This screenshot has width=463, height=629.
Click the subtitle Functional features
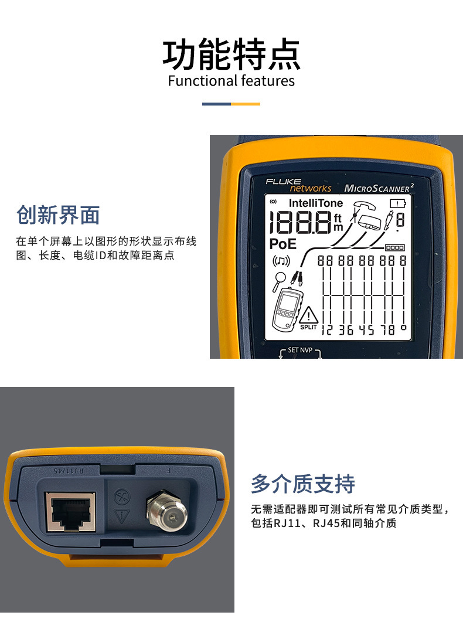coord(231,81)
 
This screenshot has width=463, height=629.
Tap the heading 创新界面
coord(58,215)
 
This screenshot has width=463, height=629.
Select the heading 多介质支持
coord(303,484)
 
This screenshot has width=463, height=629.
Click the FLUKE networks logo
coord(298,185)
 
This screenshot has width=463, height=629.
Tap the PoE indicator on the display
coord(283,244)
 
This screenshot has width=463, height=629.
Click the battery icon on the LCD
coord(397,203)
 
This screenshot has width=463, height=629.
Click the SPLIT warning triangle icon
coord(308,317)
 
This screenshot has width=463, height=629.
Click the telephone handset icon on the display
coord(364,205)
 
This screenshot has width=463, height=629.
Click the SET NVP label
coord(301,350)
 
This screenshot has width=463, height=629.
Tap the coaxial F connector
coord(166,510)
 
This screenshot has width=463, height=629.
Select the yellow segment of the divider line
coord(246,104)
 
